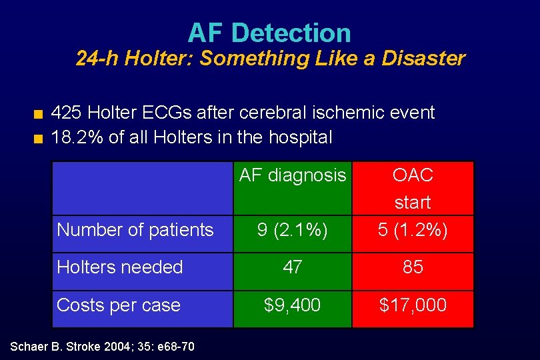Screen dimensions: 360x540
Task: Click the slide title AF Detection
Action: click(x=269, y=33)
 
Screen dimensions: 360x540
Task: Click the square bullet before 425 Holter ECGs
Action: click(x=39, y=114)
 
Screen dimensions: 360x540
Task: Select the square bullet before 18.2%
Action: click(x=39, y=139)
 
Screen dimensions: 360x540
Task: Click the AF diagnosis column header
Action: click(x=293, y=175)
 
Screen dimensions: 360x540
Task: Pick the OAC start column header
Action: click(x=413, y=188)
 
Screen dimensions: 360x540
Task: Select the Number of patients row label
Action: click(x=135, y=230)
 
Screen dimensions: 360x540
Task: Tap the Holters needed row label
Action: click(x=120, y=267)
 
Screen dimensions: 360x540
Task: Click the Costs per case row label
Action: click(x=119, y=305)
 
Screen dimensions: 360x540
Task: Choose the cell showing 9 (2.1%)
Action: click(x=293, y=230)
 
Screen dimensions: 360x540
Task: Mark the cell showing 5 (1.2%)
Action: click(x=413, y=230)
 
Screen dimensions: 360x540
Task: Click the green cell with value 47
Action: click(x=293, y=267)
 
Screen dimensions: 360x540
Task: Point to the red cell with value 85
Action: click(x=413, y=267)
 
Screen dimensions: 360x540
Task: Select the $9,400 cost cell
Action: click(x=293, y=305)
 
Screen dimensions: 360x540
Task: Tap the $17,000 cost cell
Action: click(x=413, y=305)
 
